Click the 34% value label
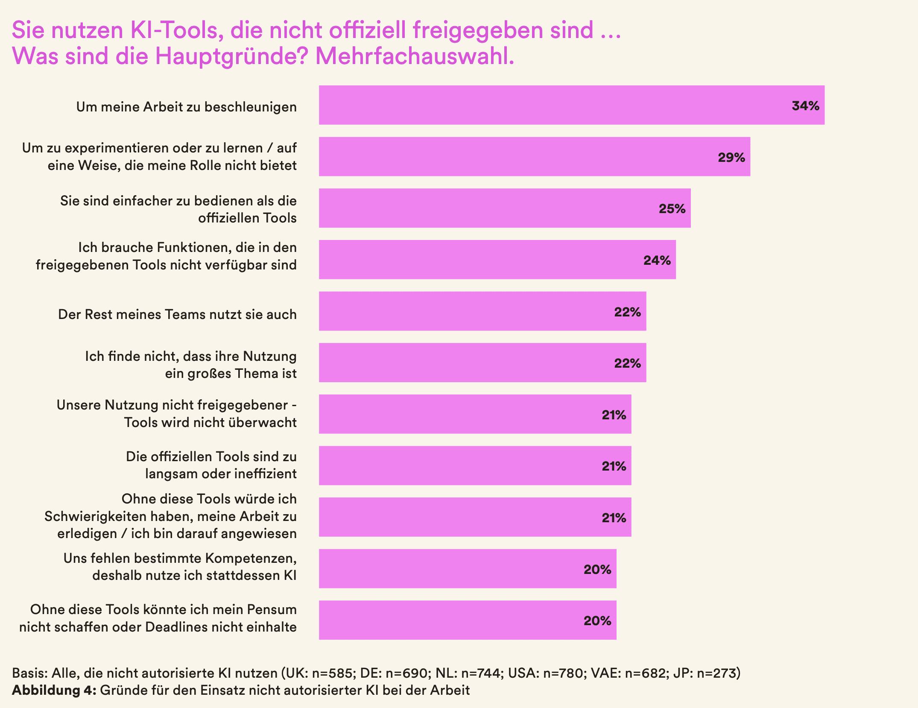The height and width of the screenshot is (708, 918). point(805,106)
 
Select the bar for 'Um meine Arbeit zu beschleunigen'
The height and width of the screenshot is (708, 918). point(555,105)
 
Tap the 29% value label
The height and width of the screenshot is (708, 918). point(731,158)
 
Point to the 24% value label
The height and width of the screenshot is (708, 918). point(657,260)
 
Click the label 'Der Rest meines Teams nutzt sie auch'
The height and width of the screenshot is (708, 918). point(177,314)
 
